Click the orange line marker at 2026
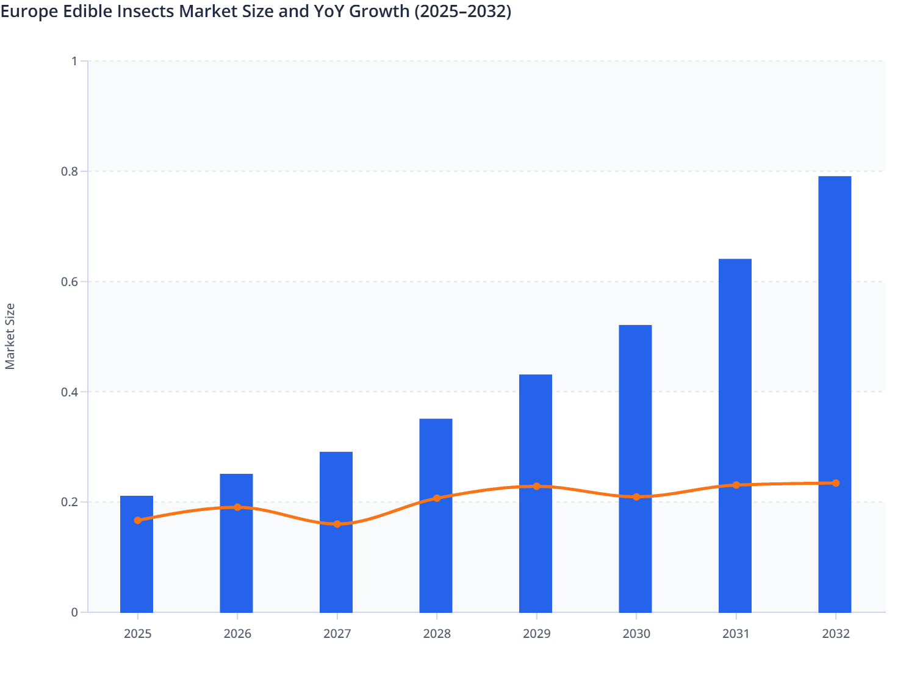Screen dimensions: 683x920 237,507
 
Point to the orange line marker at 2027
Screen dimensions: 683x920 337,524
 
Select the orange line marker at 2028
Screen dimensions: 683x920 437,498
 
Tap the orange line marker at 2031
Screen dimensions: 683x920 736,485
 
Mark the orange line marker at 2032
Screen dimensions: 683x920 836,483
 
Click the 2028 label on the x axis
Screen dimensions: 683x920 437,634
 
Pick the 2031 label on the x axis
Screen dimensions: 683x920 736,634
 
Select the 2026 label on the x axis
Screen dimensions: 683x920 237,634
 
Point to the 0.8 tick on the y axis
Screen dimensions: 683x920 71,171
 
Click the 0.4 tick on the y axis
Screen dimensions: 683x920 71,392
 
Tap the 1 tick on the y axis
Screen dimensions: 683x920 74,61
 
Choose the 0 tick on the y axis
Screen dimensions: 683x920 74,612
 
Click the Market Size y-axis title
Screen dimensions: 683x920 10,336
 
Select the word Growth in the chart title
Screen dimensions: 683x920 380,11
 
